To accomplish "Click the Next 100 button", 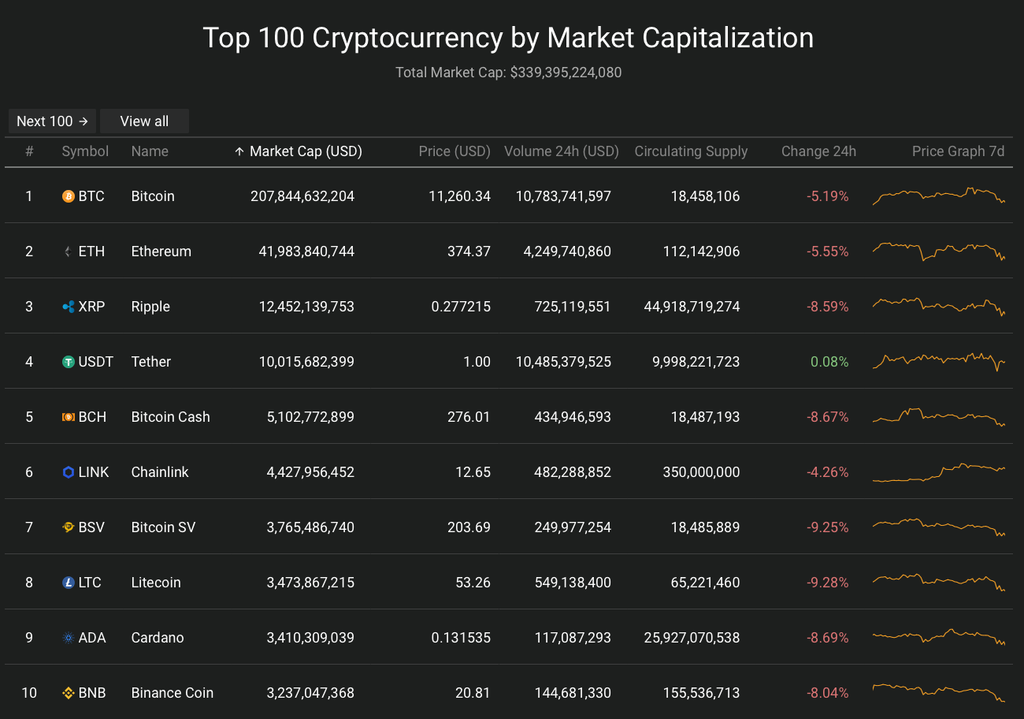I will coord(53,121).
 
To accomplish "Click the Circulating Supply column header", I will coord(691,151).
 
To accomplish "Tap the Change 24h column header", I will coord(818,151).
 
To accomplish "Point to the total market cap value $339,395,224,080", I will coord(566,73).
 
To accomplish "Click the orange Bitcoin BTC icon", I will coord(69,196).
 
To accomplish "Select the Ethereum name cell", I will coord(161,251).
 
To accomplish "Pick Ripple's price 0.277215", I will coord(461,307).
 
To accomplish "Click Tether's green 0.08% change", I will coord(829,362).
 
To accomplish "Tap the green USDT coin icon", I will coord(69,362).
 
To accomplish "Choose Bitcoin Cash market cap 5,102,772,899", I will coord(310,417).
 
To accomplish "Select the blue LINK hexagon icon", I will coord(69,472).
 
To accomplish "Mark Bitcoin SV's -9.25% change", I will coord(828,527).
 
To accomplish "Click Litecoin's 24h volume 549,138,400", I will coord(562,583).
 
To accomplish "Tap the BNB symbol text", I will coord(92,693).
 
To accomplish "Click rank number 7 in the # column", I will coord(29,527).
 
